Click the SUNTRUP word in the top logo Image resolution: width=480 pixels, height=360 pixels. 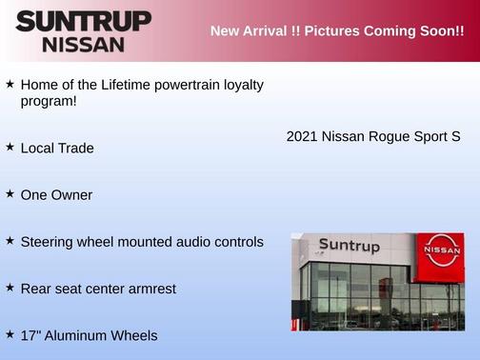(x=83, y=21)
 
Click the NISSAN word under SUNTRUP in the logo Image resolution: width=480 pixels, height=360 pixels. (x=83, y=44)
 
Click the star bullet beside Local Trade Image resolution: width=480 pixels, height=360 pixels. (x=10, y=148)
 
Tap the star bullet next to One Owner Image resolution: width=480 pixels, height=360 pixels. (x=10, y=193)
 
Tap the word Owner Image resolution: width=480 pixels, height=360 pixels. (x=72, y=194)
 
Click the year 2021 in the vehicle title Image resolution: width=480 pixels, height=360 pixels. (x=302, y=136)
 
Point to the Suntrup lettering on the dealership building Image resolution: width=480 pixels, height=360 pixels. (x=350, y=247)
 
